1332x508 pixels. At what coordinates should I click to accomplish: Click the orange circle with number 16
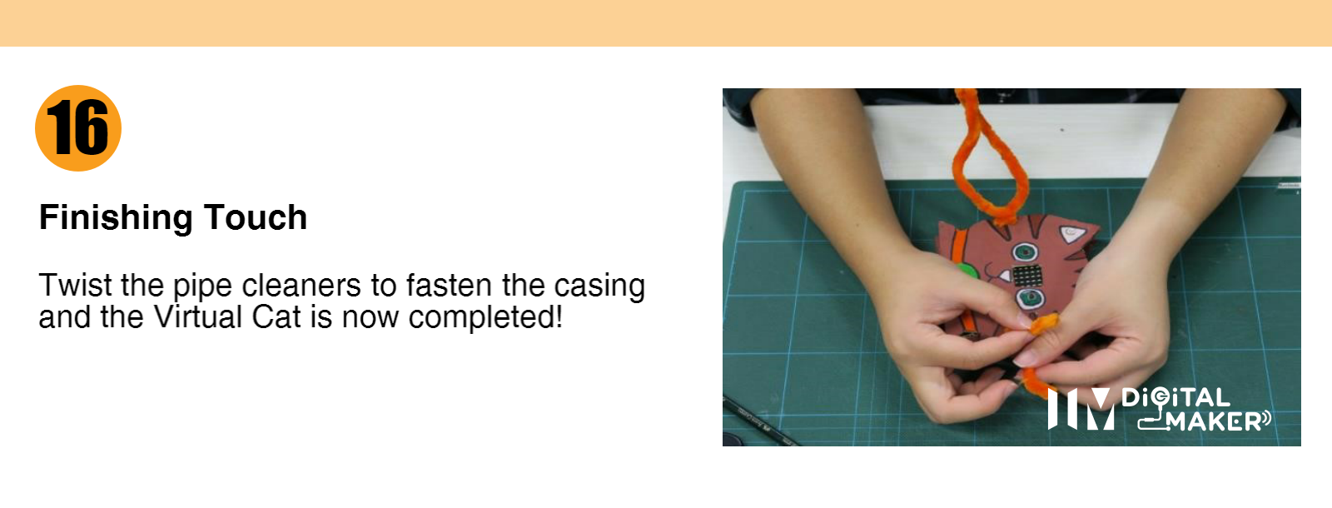78,128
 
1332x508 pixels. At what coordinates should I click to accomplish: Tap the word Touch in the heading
255,217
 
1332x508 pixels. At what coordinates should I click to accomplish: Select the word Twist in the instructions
75,285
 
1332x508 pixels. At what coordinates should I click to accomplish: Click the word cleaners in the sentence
301,285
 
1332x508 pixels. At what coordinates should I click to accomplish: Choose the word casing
599,287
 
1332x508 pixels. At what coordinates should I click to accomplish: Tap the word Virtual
196,316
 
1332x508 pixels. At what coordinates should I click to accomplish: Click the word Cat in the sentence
276,316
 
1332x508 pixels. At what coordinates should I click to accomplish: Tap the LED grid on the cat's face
1027,276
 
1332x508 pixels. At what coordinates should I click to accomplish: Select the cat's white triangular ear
1071,234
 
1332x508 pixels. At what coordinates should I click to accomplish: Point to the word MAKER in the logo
1212,421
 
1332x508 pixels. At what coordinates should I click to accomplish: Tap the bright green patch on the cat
967,271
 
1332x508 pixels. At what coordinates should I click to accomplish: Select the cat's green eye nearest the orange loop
1025,252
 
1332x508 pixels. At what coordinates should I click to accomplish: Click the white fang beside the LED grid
1004,276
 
